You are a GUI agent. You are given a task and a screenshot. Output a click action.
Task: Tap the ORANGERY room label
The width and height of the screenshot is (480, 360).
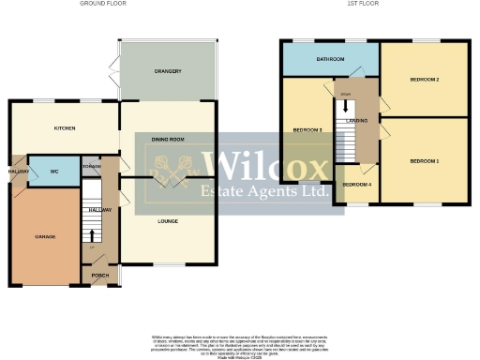tap(168, 71)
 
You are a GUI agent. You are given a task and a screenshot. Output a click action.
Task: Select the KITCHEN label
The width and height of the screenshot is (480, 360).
tap(65, 128)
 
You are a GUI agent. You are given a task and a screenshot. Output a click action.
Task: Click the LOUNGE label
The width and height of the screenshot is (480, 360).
tap(168, 221)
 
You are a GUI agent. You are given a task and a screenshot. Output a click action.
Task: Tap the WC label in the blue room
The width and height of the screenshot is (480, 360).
tap(54, 172)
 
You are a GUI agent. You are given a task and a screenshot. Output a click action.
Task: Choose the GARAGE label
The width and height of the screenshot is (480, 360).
tap(45, 236)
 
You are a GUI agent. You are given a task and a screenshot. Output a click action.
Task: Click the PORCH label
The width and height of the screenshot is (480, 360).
tap(99, 276)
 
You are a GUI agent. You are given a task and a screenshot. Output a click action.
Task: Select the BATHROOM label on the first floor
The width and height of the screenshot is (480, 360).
tap(330, 60)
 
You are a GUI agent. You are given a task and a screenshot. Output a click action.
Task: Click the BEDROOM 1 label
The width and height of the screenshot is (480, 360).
tap(424, 161)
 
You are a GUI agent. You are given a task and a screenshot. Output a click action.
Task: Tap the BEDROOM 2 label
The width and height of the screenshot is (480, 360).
tap(424, 80)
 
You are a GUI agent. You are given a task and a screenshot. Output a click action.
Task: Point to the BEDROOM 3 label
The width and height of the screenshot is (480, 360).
tap(307, 129)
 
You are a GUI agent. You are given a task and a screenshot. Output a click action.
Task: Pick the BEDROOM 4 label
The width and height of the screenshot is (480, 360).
tap(356, 185)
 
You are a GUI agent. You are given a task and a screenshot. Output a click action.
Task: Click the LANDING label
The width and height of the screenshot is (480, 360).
tap(356, 120)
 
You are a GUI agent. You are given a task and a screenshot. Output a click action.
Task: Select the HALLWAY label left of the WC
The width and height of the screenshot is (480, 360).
tap(19, 172)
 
